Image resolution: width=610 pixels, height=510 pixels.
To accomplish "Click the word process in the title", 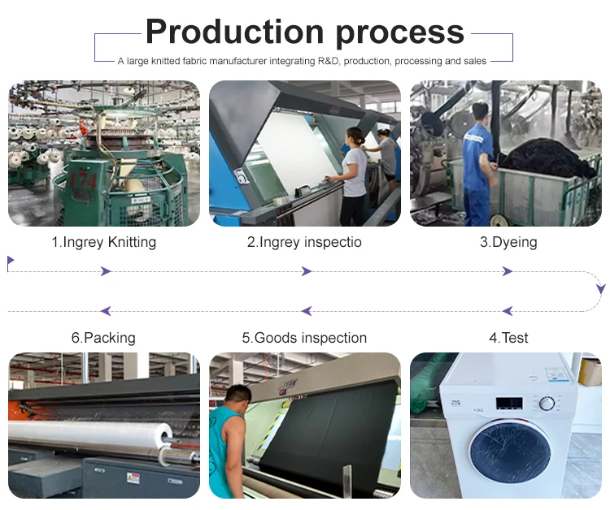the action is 387,33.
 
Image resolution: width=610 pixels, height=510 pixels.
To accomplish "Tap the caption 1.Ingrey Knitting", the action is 103,242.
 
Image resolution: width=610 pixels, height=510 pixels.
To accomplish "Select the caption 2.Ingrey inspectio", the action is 304,242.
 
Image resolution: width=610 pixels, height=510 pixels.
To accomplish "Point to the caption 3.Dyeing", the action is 508,242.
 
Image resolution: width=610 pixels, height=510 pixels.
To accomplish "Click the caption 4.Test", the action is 508,338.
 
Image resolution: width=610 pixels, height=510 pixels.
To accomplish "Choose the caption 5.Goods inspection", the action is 304,338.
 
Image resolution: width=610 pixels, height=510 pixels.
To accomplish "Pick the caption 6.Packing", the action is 103,338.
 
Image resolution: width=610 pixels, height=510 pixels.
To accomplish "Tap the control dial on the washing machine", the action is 547,403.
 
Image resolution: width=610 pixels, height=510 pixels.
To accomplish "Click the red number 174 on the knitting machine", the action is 81,178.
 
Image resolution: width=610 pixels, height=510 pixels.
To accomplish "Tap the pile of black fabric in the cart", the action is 545,158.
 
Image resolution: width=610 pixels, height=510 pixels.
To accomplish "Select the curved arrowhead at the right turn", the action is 600,288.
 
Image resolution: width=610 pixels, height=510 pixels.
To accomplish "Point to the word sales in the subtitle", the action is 473,61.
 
